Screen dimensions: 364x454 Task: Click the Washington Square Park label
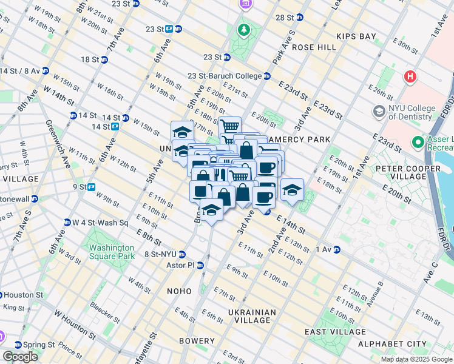(111, 252)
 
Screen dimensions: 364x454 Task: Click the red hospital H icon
(410, 77)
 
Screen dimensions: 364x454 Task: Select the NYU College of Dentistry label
(404, 112)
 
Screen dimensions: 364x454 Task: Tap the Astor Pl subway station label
(184, 265)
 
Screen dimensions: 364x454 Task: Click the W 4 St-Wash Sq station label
(101, 223)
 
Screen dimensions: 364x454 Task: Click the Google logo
(20, 357)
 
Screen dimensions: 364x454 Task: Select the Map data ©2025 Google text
(416, 359)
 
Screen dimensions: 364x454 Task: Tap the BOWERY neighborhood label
(197, 342)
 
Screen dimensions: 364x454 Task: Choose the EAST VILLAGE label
(336, 332)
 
